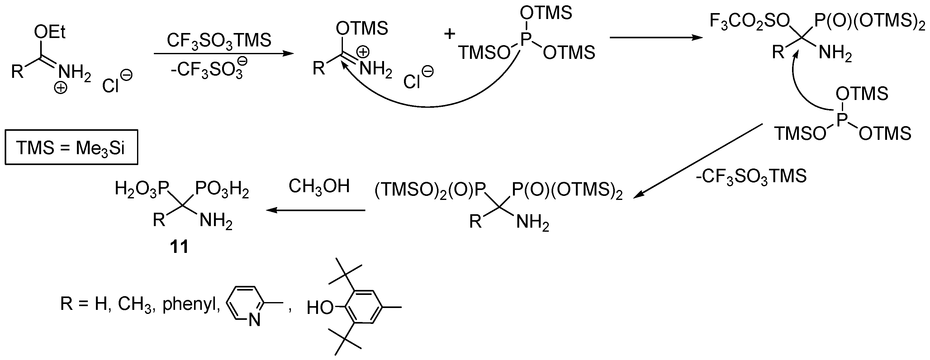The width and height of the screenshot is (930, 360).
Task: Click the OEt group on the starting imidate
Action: tap(50, 32)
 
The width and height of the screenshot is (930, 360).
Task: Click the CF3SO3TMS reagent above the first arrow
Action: tap(219, 40)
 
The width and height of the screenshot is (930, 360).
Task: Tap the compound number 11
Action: tap(179, 247)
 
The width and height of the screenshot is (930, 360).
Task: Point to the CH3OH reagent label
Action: tap(319, 187)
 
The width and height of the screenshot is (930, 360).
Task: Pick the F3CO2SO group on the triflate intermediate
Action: tap(749, 22)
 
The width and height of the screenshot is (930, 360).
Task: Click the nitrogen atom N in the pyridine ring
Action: tap(254, 320)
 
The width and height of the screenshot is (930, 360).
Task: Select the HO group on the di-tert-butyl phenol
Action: tap(320, 308)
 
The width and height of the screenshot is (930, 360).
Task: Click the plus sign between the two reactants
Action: tap(450, 34)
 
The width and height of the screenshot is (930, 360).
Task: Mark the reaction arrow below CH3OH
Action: tap(316, 210)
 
